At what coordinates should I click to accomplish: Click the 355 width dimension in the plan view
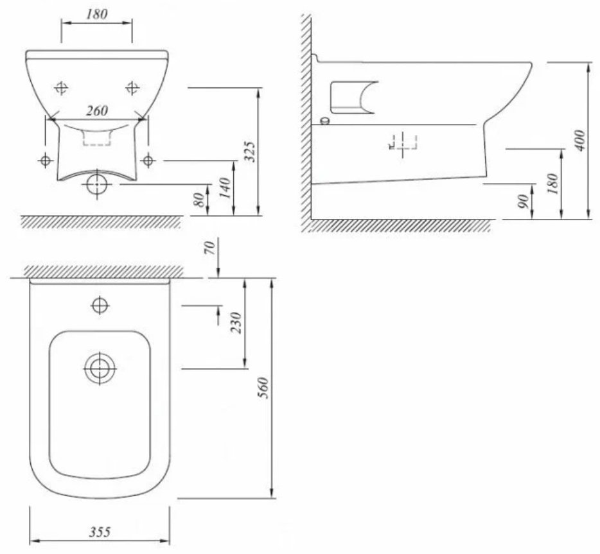(100, 532)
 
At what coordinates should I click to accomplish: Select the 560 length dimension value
(264, 388)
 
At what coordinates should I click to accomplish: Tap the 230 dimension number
(237, 323)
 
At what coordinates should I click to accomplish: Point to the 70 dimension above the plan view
(210, 248)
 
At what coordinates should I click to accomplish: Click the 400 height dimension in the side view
(580, 141)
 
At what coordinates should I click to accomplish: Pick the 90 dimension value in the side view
(524, 201)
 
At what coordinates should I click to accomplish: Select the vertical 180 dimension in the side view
(552, 184)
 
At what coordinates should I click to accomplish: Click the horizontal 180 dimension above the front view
(97, 14)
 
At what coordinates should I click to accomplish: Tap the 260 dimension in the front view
(97, 111)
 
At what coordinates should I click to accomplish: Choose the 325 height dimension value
(249, 151)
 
